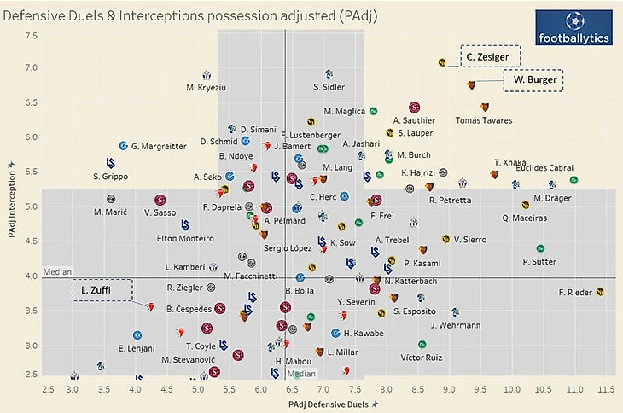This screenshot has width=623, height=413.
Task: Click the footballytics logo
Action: point(568,29)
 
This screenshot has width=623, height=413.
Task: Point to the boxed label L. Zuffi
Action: point(102,290)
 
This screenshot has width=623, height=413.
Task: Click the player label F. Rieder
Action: point(575,293)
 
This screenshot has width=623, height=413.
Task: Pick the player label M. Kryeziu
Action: point(207,87)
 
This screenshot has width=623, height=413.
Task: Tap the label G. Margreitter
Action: point(159,147)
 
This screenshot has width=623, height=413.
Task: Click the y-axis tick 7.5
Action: point(31,36)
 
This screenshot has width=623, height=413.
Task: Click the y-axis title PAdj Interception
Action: point(10,201)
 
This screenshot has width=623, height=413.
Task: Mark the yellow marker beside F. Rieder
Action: point(601,292)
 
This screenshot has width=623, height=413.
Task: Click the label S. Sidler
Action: point(329,87)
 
